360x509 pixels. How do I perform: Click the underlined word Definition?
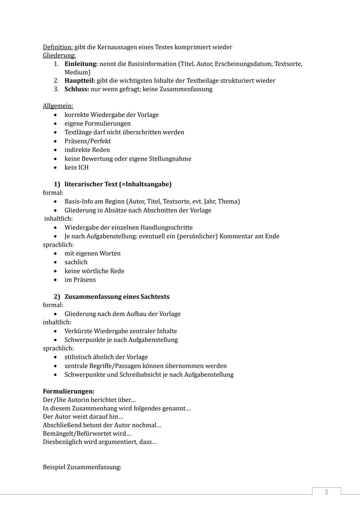58,47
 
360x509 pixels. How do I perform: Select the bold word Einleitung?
81,64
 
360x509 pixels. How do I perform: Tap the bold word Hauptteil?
80,81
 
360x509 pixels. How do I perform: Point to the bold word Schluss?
77,89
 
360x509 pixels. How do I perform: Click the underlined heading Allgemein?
58,106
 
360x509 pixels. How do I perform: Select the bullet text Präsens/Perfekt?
88,141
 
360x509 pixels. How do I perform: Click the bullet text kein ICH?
77,167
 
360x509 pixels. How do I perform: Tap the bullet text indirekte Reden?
87,150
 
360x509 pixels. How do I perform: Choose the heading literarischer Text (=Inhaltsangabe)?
118,184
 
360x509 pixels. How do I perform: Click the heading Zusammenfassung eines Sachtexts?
117,297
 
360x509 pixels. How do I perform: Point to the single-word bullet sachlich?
76,262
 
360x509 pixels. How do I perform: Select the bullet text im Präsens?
80,280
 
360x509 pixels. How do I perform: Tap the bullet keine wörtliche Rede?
94,271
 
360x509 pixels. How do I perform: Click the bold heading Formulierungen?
69,391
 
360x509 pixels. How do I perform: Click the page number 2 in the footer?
326,492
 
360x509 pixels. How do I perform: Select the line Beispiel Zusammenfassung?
82,467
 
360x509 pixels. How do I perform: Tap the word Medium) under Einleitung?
77,72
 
